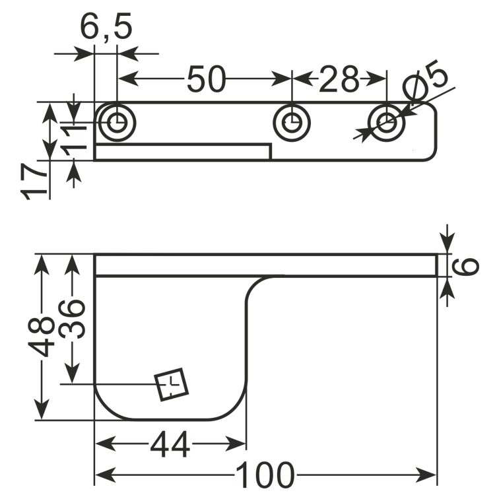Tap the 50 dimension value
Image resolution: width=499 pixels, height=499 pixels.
206,79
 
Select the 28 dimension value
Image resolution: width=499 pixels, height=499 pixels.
339,79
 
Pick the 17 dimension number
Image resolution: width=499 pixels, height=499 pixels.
34,182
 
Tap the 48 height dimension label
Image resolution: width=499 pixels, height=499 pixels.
42,337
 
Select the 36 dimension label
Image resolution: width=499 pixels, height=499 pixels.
72,319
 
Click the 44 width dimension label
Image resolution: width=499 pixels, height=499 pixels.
170,444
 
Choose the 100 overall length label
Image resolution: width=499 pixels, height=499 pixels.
265,475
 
